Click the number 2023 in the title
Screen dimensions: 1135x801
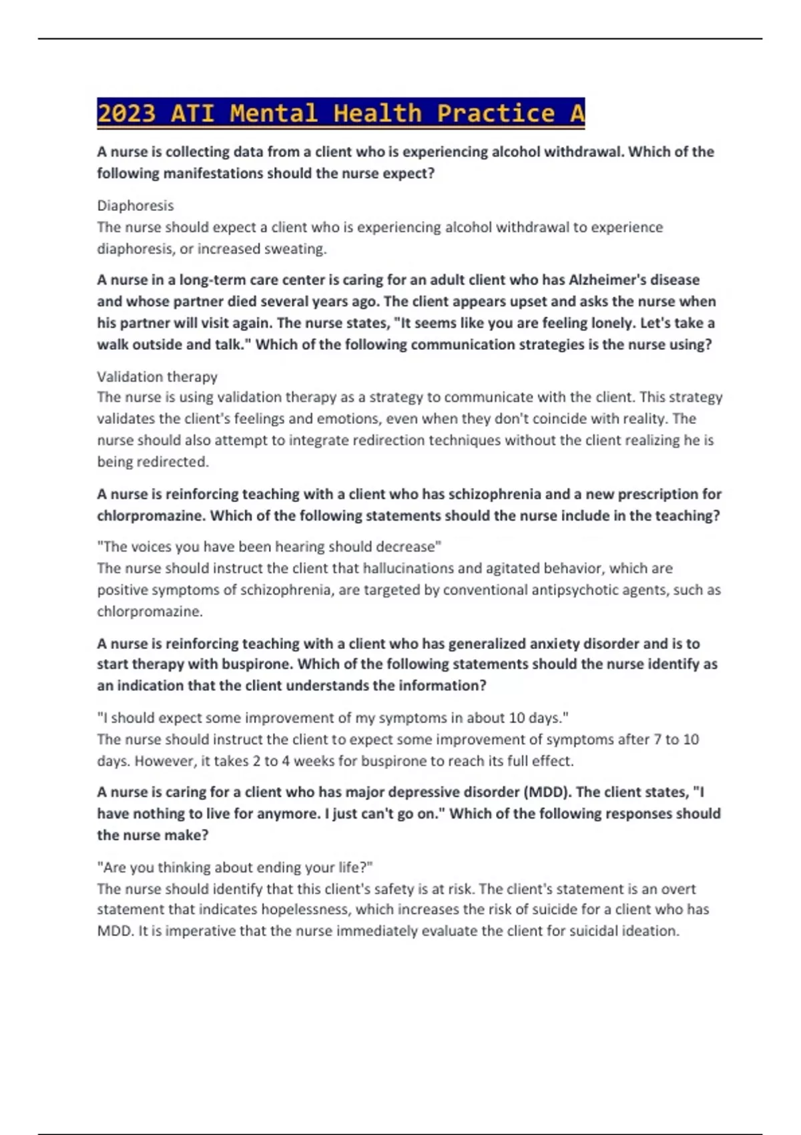point(126,113)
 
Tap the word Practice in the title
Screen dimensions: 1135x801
point(496,113)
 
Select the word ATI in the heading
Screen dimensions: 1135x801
point(193,113)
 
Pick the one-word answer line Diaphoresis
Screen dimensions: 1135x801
point(135,206)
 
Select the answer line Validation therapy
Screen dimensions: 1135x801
point(157,377)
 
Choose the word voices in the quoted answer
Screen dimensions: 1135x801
point(154,547)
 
